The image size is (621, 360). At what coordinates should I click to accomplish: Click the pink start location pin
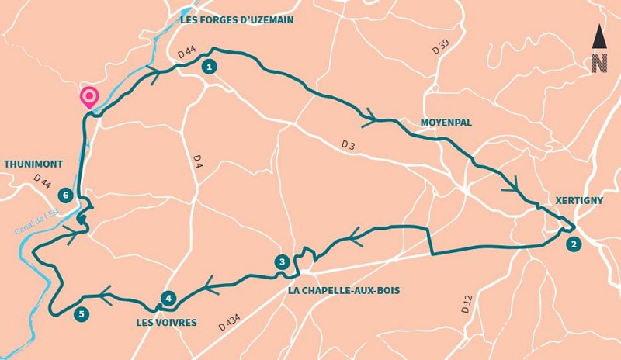(89, 97)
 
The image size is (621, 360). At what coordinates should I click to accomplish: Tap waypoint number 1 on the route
(208, 67)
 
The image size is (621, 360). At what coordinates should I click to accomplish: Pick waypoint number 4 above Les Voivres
(168, 298)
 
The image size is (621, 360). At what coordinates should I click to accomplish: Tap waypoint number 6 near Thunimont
(67, 195)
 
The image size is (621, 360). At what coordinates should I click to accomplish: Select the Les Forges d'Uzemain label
(237, 20)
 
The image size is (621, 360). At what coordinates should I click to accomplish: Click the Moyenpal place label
(446, 123)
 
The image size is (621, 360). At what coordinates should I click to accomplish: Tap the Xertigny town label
(579, 200)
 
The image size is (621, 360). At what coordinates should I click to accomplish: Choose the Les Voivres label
(166, 322)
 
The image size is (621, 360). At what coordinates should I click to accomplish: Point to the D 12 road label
(466, 303)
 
